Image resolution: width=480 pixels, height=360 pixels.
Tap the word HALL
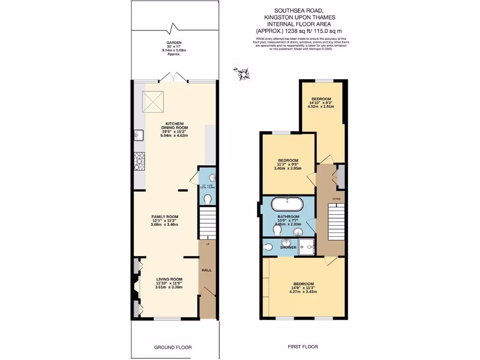click(207, 271)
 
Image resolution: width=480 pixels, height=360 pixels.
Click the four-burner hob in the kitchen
click(140, 161)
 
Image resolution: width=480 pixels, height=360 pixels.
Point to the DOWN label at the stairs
click(336, 199)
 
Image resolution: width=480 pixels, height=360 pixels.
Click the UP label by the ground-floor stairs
click(207, 243)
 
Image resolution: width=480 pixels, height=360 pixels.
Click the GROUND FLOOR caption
click(173, 347)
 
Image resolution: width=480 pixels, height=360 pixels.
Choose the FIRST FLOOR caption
click(302, 347)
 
